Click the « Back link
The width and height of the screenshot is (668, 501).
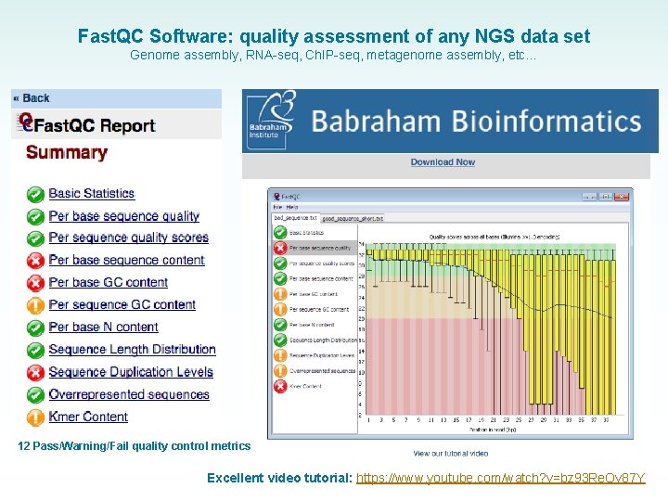point(32,98)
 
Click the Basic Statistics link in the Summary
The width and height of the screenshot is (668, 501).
point(91,193)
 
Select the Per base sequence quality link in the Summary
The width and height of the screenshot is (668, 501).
point(123,216)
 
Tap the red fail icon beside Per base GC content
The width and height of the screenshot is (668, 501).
point(35,283)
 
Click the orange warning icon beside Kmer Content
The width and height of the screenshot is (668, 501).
point(35,417)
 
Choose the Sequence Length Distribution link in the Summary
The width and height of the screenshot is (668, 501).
point(132,350)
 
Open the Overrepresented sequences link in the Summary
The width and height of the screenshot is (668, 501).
point(129,394)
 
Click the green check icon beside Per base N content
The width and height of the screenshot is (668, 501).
point(35,328)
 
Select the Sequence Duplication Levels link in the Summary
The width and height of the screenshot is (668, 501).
point(131,372)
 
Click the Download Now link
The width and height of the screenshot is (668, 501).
point(443,162)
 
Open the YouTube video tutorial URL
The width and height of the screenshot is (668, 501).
point(501,478)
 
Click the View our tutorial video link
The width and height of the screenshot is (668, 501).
point(451,453)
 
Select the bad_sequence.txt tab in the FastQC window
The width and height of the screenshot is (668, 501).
point(295,218)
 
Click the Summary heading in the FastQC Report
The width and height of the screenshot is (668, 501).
point(67,153)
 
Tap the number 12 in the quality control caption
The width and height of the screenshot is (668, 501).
point(24,446)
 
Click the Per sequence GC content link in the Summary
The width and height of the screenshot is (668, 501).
point(122,305)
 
